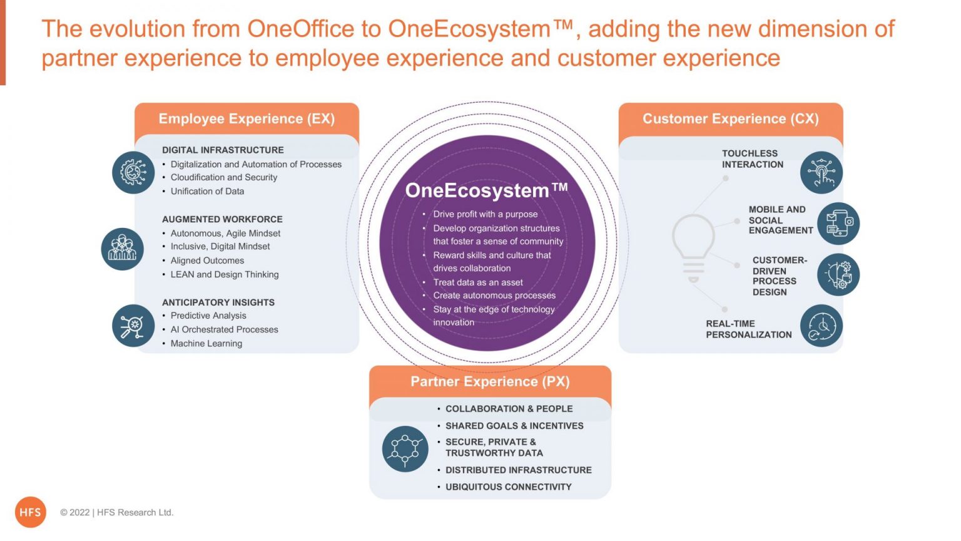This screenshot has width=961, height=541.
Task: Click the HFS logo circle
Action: [x=31, y=512]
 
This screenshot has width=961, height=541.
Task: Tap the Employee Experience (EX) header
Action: [x=247, y=118]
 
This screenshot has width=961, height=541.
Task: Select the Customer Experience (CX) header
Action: [x=731, y=118]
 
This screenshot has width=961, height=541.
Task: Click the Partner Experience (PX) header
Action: [x=490, y=381]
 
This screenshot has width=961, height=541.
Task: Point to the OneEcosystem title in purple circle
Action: [x=487, y=190]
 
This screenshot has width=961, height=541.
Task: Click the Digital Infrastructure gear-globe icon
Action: [x=133, y=172]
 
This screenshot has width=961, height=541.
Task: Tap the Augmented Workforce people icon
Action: [x=122, y=249]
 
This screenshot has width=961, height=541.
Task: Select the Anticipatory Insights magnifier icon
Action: [x=133, y=326]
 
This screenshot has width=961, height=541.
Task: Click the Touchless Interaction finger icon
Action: [x=821, y=172]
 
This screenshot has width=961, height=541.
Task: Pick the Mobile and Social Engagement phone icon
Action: [x=838, y=224]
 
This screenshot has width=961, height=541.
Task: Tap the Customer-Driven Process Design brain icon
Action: [x=838, y=274]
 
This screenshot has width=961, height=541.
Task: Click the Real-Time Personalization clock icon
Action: [x=821, y=326]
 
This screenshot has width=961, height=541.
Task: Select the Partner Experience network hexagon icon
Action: [x=405, y=449]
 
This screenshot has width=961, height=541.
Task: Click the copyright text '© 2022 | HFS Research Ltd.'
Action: [x=117, y=512]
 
